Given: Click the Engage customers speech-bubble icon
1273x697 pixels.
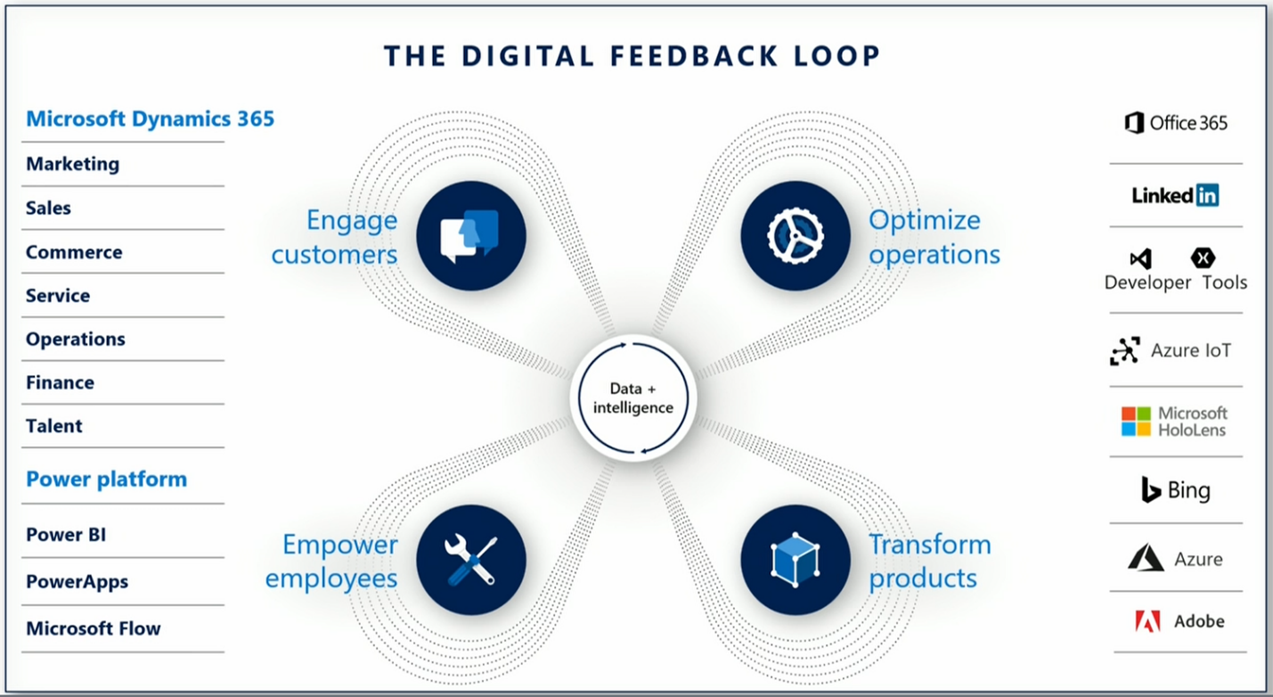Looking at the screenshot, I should coord(470,236).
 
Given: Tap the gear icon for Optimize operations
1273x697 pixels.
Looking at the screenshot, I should coord(796,236).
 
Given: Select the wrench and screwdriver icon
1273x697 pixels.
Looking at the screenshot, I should coord(470,561).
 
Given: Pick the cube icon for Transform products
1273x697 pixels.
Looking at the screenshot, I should coord(796,561).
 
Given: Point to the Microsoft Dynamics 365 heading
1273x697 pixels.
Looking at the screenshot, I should coord(150,119).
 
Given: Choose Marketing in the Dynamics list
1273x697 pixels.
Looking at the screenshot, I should coord(72,164).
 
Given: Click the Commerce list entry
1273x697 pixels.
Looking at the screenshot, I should coord(74,252).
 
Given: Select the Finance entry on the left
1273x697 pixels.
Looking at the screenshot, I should coord(60,382).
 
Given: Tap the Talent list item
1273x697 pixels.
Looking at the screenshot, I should coord(53,426).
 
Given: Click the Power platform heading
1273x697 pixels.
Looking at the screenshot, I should coord(106,480).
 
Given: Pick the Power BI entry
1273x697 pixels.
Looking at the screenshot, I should coord(66,535).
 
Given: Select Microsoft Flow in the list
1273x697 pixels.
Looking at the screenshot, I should coord(93,628).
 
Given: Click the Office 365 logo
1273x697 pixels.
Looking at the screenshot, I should coord(1176,123).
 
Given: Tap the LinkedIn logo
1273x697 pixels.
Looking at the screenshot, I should coord(1175,195).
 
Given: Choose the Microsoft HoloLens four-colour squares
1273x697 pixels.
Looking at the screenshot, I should coord(1136,422).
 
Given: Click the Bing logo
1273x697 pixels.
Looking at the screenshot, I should coord(1176,490).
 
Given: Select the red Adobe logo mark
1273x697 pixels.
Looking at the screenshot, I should coord(1147,621).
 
